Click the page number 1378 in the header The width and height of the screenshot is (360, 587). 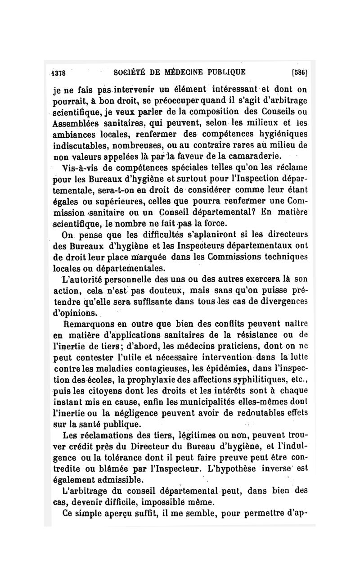click(58, 72)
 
